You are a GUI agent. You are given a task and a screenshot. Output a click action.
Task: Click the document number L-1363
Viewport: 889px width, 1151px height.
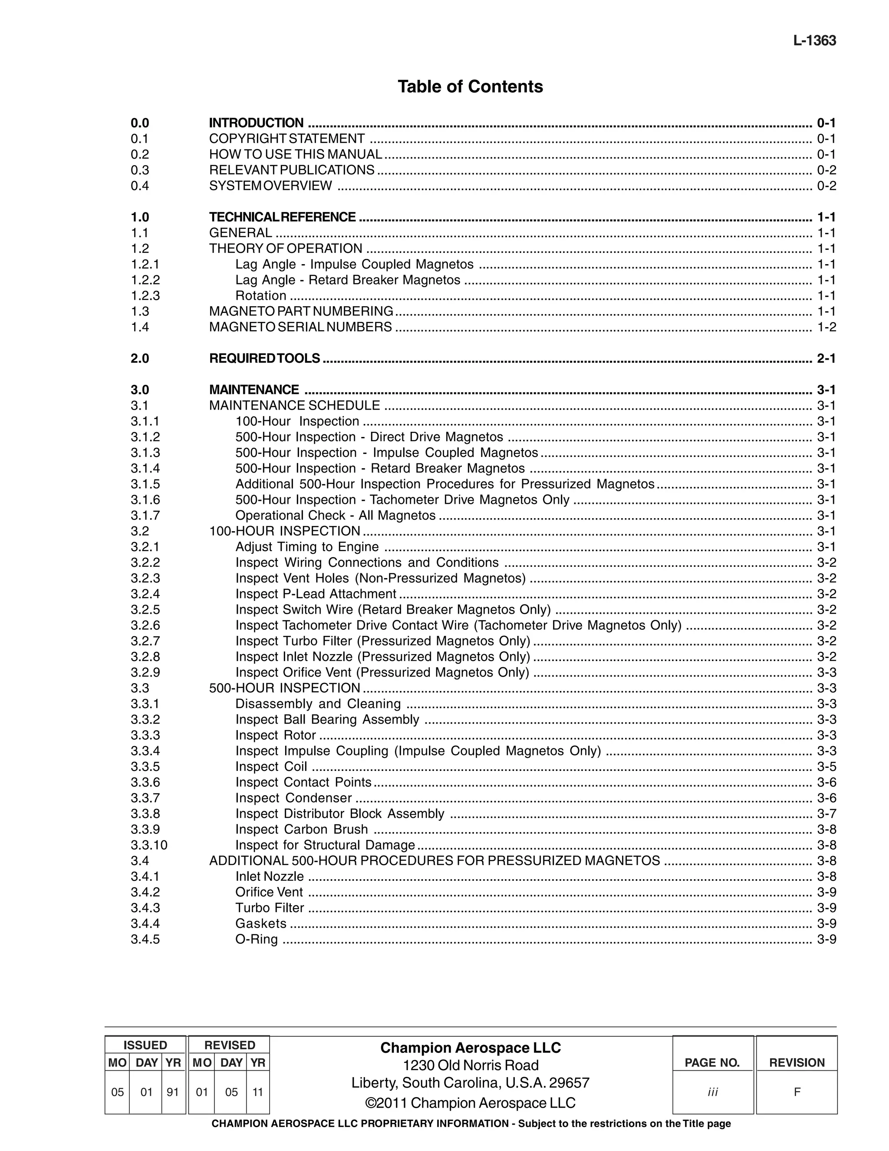coord(814,40)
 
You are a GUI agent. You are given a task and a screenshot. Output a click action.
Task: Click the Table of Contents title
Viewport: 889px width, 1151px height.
coord(470,86)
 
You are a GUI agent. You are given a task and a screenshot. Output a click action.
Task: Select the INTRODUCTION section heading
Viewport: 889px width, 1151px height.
coord(256,123)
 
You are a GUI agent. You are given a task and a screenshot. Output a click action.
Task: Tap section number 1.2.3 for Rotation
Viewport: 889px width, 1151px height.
coord(145,296)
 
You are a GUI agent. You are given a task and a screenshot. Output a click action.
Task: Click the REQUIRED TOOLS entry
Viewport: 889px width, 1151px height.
coord(264,358)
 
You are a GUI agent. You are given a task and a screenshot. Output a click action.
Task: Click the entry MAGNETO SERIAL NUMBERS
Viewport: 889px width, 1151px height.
coord(300,327)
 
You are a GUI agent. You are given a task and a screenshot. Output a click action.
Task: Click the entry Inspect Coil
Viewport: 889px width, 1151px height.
coord(271,767)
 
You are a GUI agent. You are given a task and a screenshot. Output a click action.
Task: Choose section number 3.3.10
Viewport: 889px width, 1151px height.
coord(149,845)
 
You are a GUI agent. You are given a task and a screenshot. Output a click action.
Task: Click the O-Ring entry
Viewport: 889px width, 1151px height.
coord(257,939)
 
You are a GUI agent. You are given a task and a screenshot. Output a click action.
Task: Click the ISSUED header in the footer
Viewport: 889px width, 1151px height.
coord(145,1045)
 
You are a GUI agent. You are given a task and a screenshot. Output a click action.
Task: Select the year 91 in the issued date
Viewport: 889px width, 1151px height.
coord(173,1092)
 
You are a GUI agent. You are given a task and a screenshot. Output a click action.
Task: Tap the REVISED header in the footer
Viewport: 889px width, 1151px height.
coord(230,1045)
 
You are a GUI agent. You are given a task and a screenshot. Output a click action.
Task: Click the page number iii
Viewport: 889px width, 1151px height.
coord(713,1092)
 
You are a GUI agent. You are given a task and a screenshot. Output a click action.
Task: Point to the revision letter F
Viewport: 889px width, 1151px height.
coord(797,1092)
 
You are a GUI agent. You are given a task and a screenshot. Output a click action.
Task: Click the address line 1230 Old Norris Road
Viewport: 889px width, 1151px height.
coord(470,1065)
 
